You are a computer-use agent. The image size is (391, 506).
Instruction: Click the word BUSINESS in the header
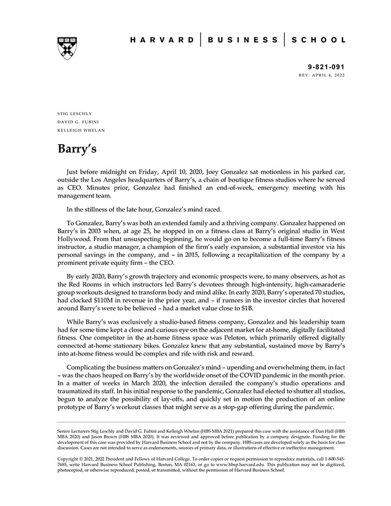242,40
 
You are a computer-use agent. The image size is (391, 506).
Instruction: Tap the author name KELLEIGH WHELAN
81,130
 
